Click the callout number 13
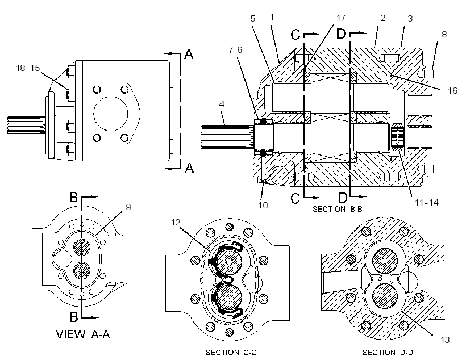pos(445,340)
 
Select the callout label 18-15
pos(28,68)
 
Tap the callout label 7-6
pos(235,49)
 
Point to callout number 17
pos(340,18)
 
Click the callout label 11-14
pos(427,203)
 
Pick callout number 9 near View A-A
pos(128,207)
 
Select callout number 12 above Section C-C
pos(176,223)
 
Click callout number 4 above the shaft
pos(222,104)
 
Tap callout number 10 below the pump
pos(263,205)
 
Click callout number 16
pos(452,91)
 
